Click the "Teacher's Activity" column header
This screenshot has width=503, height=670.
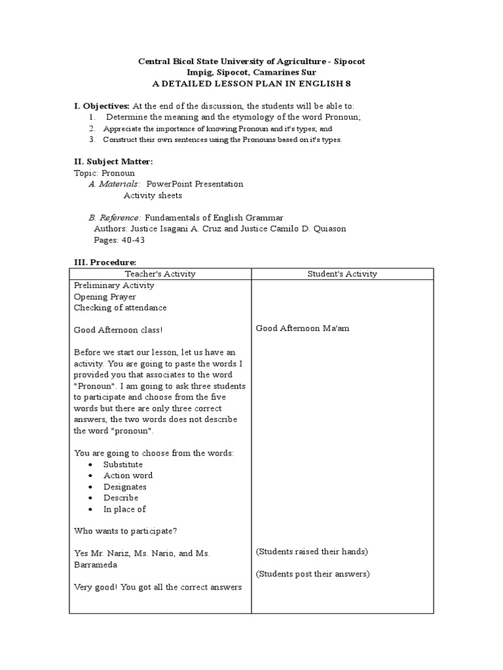point(160,274)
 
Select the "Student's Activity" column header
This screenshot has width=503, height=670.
point(342,274)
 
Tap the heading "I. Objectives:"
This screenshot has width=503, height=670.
point(102,106)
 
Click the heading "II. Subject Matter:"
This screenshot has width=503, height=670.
point(113,162)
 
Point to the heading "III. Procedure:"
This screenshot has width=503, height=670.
point(104,262)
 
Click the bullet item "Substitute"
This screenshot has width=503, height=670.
point(123,465)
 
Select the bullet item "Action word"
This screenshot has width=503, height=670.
point(128,476)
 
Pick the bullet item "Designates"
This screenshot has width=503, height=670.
point(125,487)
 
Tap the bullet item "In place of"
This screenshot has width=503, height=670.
point(124,509)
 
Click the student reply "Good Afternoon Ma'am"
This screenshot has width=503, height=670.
point(302,328)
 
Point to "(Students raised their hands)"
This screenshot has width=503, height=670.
point(312,552)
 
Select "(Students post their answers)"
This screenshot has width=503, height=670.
point(312,574)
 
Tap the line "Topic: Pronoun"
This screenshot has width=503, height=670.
point(104,173)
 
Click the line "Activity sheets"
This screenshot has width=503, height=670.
point(153,196)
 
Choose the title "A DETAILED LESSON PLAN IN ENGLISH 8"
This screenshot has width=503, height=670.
point(251,84)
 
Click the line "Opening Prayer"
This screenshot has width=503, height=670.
point(105,296)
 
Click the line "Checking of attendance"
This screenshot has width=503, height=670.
point(120,308)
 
